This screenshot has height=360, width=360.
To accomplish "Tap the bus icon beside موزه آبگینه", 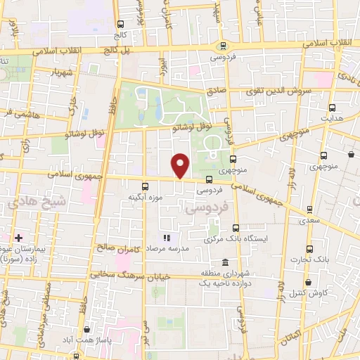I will [x=145, y=186].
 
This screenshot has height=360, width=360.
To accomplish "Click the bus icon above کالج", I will [x=122, y=22].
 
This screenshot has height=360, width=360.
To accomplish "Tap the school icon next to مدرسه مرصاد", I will [x=167, y=238].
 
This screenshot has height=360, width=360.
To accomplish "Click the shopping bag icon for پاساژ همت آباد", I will [x=86, y=329].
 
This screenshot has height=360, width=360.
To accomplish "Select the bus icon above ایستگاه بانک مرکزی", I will [x=236, y=228].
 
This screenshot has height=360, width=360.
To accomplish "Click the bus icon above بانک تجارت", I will [x=309, y=249].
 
